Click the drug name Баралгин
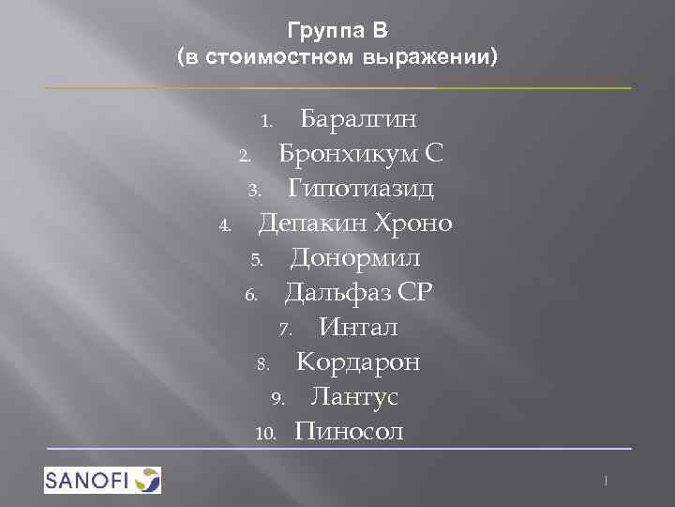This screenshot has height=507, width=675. (358, 119)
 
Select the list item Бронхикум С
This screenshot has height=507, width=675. (361, 154)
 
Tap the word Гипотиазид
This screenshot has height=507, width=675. (361, 189)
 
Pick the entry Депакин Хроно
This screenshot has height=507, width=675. (355, 223)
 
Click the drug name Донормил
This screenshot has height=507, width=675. (355, 258)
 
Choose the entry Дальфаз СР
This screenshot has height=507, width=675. (358, 293)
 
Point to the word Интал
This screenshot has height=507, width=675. (358, 328)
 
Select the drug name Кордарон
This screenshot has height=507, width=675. (358, 362)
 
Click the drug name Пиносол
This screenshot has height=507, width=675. (349, 432)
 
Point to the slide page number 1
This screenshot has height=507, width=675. (607, 481)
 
